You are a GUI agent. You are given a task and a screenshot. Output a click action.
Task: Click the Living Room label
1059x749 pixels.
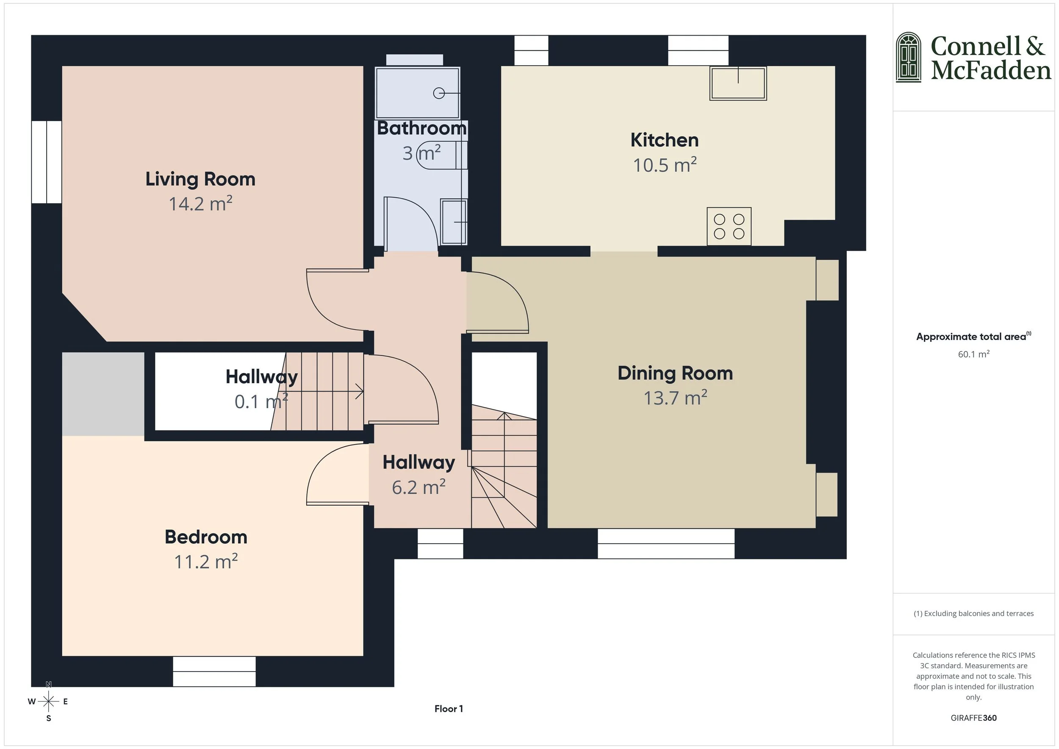tap(200, 179)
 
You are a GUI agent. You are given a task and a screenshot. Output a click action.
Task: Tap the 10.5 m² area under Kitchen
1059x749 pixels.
tap(664, 165)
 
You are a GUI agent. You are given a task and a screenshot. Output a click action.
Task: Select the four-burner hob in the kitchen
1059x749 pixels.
tap(729, 227)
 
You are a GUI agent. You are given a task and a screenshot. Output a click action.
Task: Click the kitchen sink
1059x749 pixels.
tap(738, 83)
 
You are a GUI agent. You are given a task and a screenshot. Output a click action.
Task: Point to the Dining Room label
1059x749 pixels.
tap(675, 373)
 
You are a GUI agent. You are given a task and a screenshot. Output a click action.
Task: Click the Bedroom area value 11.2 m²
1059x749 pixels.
tap(206, 562)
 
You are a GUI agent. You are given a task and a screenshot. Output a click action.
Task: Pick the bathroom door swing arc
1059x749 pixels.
tap(422, 212)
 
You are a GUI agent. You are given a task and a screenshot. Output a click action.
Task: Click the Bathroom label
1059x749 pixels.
tap(421, 128)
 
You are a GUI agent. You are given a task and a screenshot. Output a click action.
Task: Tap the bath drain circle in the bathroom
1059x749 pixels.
tap(439, 94)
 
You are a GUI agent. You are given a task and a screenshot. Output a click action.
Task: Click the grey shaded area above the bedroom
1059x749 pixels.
tap(103, 393)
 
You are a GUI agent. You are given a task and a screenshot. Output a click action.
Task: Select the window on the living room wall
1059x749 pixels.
tap(47, 162)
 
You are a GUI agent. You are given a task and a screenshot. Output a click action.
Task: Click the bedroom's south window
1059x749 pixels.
tap(214, 671)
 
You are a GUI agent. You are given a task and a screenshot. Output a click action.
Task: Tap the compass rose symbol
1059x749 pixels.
tap(48, 702)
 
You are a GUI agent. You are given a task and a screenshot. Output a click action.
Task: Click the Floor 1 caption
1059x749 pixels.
tap(448, 709)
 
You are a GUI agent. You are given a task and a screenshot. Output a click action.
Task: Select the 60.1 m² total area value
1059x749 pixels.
tap(973, 354)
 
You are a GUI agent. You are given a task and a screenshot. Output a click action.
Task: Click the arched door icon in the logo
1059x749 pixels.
tap(908, 58)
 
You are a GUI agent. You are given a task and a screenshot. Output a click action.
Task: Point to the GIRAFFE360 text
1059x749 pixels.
tap(973, 718)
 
